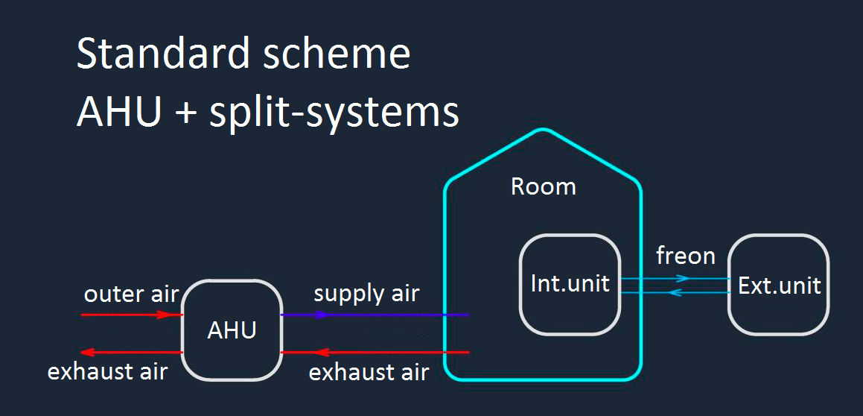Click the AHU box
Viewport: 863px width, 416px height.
232,330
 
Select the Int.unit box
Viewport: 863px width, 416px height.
570,284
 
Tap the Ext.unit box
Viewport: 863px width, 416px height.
779,284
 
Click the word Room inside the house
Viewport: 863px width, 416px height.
543,186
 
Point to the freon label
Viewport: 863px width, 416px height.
685,256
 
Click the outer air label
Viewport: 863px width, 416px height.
131,294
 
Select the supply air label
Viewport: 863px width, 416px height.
366,293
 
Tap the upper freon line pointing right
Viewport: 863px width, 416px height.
675,279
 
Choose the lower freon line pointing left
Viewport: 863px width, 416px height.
675,293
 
